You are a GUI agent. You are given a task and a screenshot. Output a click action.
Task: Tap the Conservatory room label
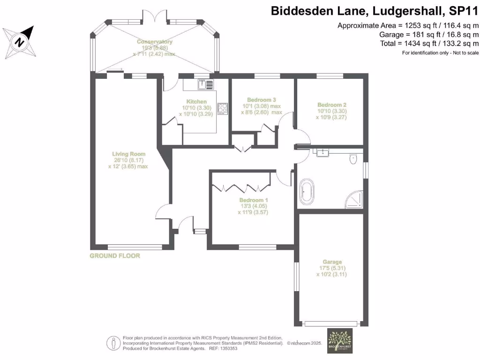157,42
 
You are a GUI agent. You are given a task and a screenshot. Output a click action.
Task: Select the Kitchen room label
196,102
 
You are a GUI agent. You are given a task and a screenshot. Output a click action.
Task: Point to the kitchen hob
223,109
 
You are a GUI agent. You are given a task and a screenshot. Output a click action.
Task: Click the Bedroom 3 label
261,100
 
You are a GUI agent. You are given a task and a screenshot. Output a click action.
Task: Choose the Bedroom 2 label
332,105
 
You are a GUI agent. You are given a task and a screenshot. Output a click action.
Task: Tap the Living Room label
128,154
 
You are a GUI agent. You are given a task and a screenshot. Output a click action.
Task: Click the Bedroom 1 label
253,200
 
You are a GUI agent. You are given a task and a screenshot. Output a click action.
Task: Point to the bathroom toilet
354,159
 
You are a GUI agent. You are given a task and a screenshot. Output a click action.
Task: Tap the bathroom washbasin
322,152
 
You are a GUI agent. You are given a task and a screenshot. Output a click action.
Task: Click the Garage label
332,262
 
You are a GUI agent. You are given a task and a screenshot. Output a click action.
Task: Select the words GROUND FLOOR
115,256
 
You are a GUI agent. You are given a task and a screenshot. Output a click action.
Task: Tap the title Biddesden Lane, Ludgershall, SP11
375,11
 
